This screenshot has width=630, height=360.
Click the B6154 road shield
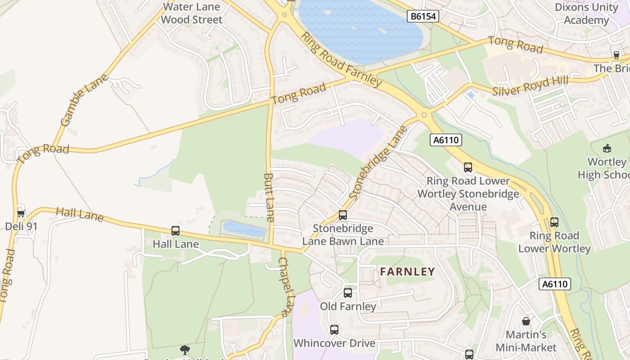tap(423, 17)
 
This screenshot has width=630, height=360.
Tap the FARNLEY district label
tap(407, 272)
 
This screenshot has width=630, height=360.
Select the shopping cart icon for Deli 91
tap(21, 213)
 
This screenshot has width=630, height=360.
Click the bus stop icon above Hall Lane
tap(175, 231)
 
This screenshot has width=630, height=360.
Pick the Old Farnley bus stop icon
tap(348, 293)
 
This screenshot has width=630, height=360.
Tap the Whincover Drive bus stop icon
tap(334, 330)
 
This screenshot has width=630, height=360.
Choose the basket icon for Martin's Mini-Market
tap(526, 321)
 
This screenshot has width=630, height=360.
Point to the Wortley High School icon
tap(607, 148)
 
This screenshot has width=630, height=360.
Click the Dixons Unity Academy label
tap(586, 13)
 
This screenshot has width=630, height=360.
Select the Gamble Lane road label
tap(84, 100)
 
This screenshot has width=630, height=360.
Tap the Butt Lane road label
tap(269, 197)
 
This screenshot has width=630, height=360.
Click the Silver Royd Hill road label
tap(530, 86)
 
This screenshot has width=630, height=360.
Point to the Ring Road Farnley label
tap(341, 59)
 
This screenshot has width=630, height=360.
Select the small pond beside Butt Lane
tap(244, 229)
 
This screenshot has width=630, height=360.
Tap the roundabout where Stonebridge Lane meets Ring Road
tap(424, 115)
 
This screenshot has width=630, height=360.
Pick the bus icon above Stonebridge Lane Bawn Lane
tap(343, 215)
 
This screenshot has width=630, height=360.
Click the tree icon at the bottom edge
tap(184, 350)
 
